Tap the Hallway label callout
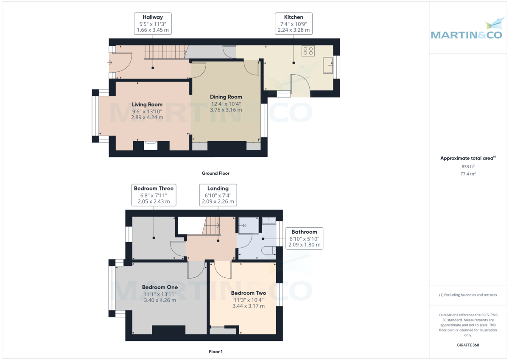(x=153, y=24)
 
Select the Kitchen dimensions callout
(x=294, y=24)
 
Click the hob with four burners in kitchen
(x=308, y=51)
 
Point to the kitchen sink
(x=327, y=66)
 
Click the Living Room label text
(x=147, y=104)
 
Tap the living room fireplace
(x=151, y=145)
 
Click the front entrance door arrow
(x=110, y=63)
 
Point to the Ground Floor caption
(x=215, y=173)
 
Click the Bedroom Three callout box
(x=154, y=195)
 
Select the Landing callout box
(x=218, y=195)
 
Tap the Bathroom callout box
(x=304, y=238)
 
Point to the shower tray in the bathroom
(x=249, y=225)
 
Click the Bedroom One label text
(x=160, y=287)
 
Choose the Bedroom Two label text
(x=249, y=293)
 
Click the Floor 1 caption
(x=215, y=352)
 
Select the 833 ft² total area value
(x=468, y=167)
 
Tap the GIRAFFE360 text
(x=468, y=345)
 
